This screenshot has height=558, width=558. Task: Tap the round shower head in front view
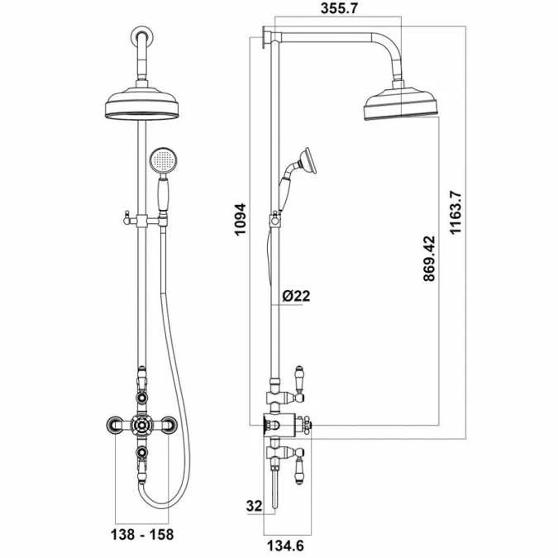coord(143,103)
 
